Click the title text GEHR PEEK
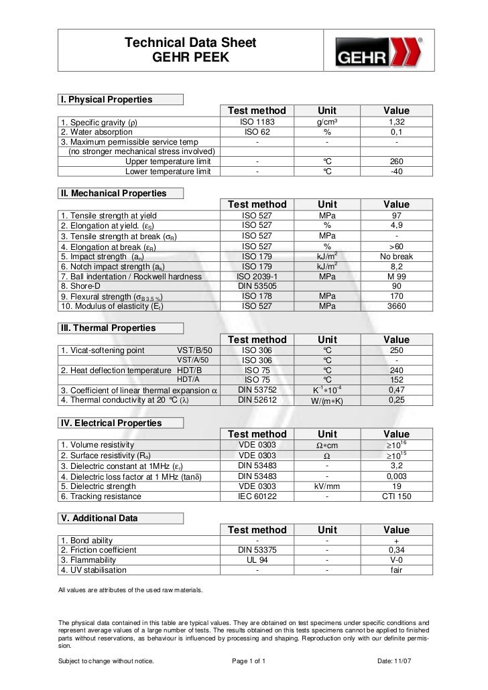pos(191,58)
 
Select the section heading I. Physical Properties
pos(107,100)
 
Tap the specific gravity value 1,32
pos(396,123)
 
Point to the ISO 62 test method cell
pos(257,133)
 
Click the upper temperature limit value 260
pos(396,161)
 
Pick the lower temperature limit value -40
pos(396,171)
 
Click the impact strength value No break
pos(396,257)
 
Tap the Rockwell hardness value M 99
pos(396,277)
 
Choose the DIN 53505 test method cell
pos(257,287)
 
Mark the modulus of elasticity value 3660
pos(396,306)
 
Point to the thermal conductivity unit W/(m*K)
pos(327,401)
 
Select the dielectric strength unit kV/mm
pos(327,486)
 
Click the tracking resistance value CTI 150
pos(396,496)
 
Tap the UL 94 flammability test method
pos(257,560)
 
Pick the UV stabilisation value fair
pos(396,570)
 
